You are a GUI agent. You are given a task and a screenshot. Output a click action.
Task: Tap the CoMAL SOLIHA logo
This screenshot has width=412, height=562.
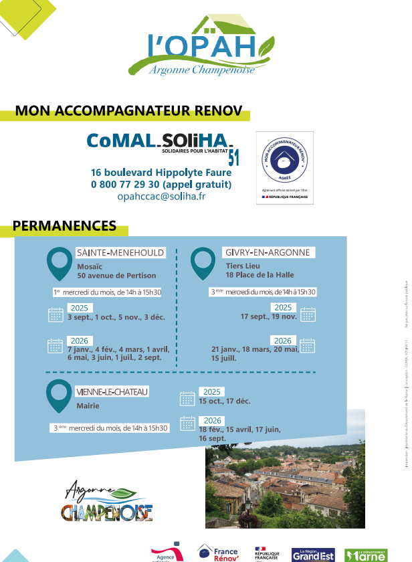pos(161,143)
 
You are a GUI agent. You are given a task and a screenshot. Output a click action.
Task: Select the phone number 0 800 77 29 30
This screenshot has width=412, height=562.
pos(161,184)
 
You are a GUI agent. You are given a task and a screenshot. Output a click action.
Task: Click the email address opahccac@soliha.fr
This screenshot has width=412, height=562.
pos(161,196)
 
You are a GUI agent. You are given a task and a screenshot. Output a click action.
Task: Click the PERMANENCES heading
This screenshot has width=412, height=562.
pos(64,226)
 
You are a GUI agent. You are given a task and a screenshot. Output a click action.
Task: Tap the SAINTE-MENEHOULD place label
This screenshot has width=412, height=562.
pos(120,253)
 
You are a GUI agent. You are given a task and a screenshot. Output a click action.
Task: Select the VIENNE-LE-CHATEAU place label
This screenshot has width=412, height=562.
pos(112,391)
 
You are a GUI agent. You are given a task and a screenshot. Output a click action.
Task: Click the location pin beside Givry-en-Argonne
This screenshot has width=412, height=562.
pos(203,263)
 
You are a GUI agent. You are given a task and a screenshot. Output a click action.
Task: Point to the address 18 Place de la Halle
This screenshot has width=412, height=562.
pos(260,275)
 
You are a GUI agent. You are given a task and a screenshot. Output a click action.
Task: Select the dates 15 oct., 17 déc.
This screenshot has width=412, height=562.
pos(224,401)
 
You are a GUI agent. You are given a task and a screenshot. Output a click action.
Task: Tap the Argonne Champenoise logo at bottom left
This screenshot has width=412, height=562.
pos(107,501)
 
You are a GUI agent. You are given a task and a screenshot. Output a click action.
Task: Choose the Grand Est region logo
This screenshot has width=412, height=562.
pos(313,554)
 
